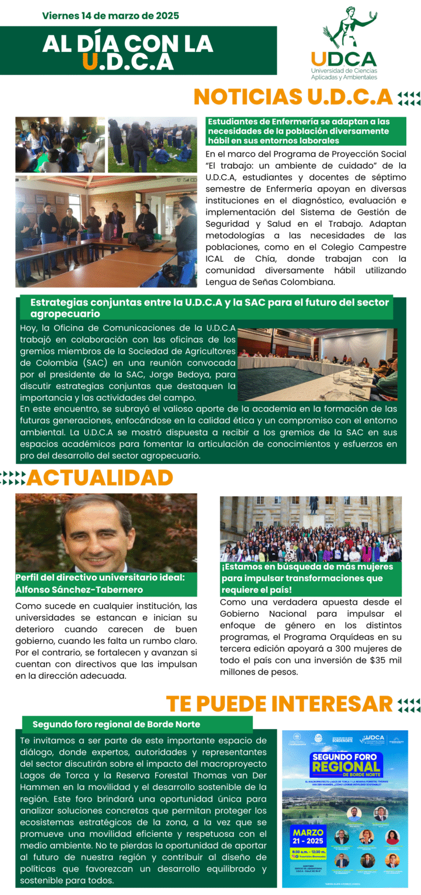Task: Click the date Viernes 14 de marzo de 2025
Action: point(110,16)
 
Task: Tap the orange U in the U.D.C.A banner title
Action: point(89,62)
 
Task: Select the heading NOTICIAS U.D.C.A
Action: point(293,97)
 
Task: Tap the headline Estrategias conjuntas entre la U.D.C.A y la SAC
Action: point(209,308)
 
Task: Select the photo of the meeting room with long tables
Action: point(318,364)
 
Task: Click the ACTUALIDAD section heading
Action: point(100,478)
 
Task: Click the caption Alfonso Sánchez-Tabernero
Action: point(79,590)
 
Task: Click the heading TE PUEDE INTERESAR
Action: point(279,704)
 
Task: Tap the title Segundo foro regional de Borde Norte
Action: point(116,724)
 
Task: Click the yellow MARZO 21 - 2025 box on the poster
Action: point(308,836)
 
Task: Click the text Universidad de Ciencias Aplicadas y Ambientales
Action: point(344,74)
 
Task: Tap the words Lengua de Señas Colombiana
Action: point(270,282)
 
